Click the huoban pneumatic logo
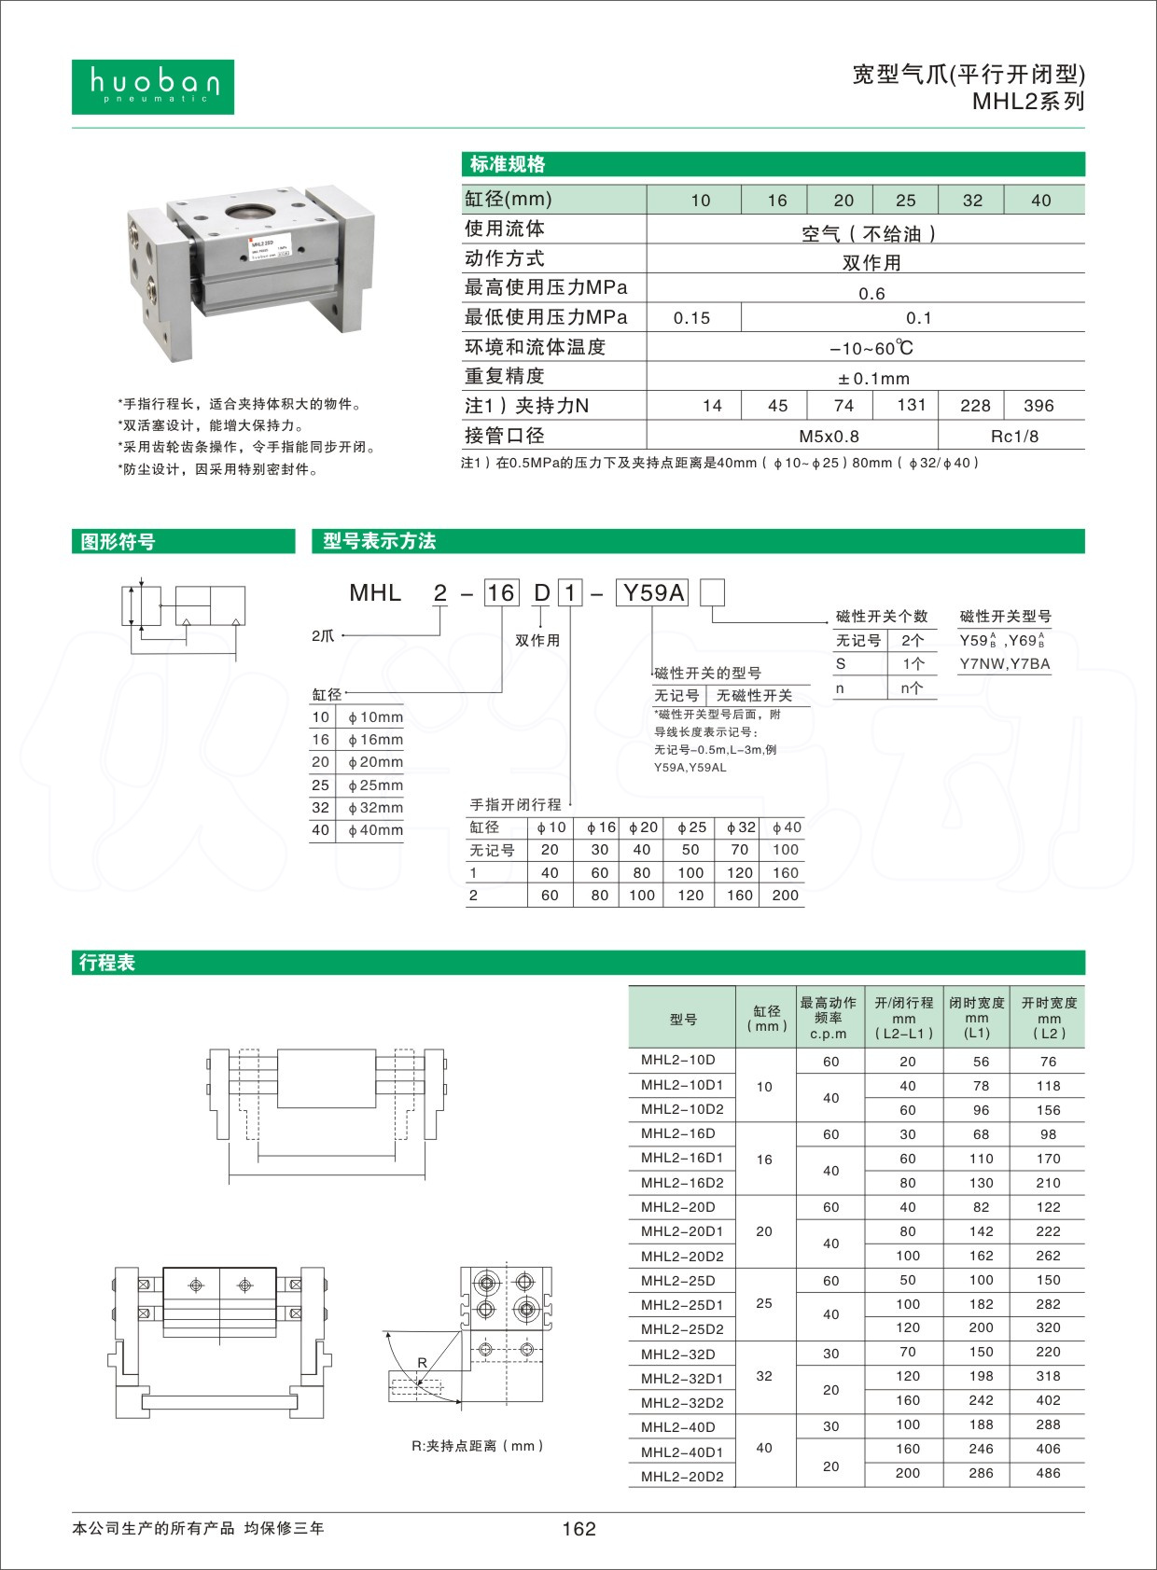[153, 87]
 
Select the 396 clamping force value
[1039, 406]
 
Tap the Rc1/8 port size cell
[1014, 436]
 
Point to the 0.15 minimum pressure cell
[691, 318]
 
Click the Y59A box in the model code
[652, 593]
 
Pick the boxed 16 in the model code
[501, 593]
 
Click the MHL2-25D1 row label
[682, 1304]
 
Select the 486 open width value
[1049, 1473]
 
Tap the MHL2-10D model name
[678, 1061]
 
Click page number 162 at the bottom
[578, 1529]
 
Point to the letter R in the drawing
[422, 1363]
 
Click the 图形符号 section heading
[118, 542]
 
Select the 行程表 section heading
[107, 963]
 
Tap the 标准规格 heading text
[508, 165]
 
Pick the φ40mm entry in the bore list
[375, 830]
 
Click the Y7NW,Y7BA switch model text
[1005, 664]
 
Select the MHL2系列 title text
[1028, 102]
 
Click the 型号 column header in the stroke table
[682, 1019]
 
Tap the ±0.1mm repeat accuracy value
[872, 378]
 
